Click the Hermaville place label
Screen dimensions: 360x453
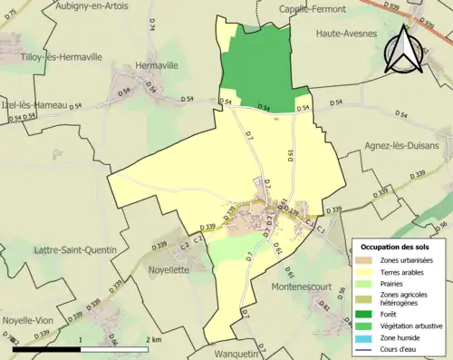pyautogui.click(x=156, y=66)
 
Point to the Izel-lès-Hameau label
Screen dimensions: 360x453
pyautogui.click(x=34, y=105)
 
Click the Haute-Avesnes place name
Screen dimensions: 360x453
pyautogui.click(x=347, y=34)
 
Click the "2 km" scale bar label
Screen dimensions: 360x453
pyautogui.click(x=153, y=339)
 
